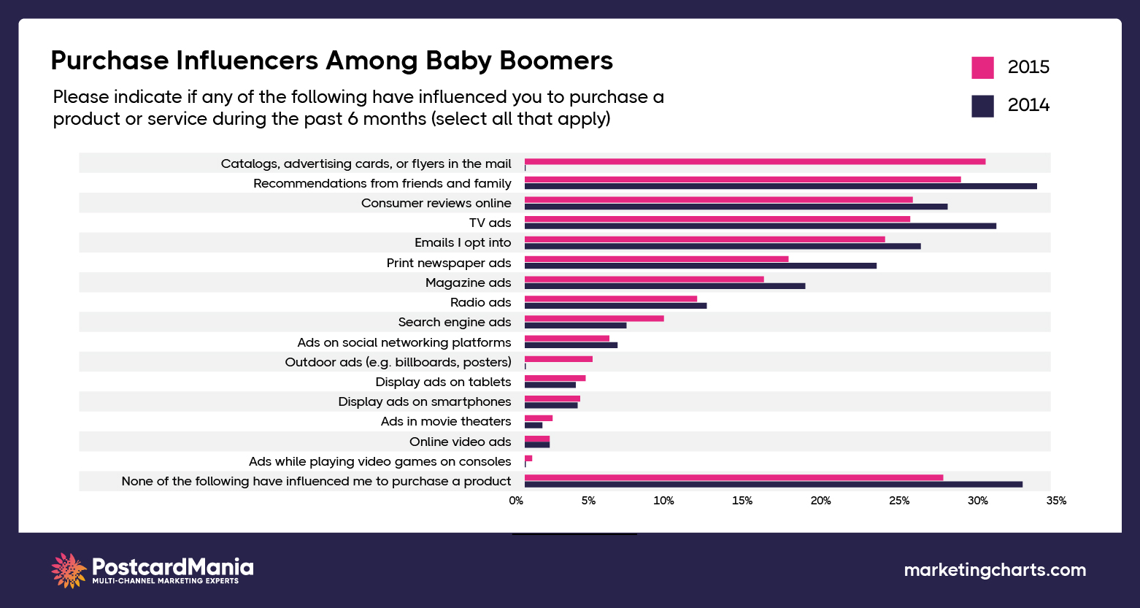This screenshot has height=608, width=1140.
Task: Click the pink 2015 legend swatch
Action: pos(982,67)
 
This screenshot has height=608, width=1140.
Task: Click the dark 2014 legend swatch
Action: pos(982,106)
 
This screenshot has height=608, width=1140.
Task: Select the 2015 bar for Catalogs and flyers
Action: pos(755,161)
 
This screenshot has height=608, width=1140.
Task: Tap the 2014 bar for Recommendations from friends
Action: pos(780,186)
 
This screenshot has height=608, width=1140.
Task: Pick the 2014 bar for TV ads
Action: pos(760,226)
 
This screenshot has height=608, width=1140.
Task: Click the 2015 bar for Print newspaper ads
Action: pos(656,259)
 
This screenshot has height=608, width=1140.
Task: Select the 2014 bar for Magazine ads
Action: pos(664,285)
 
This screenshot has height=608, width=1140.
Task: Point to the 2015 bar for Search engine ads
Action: pos(594,318)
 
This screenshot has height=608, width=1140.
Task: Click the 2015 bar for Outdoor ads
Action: pos(558,358)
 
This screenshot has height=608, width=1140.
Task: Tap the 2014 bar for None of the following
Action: pos(773,484)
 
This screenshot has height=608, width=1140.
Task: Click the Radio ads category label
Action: pos(480,302)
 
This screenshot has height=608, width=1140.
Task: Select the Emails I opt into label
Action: pos(463,242)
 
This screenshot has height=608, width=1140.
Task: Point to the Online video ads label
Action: pos(460,442)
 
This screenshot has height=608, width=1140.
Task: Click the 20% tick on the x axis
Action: pos(820,501)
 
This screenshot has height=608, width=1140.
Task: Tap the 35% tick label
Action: pos(1055,501)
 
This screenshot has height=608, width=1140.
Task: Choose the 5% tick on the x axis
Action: pos(588,501)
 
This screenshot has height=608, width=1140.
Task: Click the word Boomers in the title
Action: pos(555,60)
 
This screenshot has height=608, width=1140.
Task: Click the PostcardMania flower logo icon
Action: pos(69,570)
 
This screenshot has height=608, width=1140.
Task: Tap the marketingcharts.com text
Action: pos(994,570)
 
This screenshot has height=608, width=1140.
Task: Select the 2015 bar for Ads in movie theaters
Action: pos(539,418)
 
